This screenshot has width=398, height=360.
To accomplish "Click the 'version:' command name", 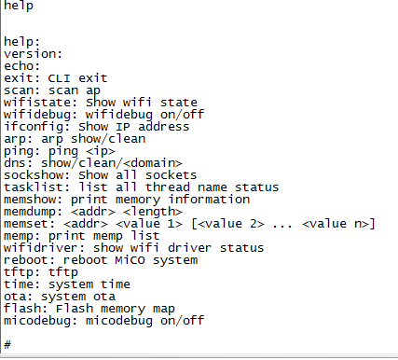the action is tap(33, 54).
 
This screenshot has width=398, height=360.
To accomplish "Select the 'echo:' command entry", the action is tap(21, 66).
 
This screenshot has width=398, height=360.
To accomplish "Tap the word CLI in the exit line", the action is tap(59, 78).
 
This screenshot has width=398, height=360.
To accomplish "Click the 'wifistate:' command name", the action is tap(41, 103).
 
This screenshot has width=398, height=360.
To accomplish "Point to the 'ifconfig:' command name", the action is tap(37, 127).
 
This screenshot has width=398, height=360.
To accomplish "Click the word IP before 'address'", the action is tap(123, 127).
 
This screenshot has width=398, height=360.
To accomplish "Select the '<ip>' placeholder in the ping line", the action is tap(101, 151).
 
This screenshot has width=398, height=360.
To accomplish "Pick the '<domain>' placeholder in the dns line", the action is tap(153, 163).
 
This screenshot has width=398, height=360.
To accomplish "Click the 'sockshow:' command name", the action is tap(37, 175).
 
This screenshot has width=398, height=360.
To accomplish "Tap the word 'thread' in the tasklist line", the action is tap(168, 187).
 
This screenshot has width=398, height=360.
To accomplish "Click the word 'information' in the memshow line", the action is tap(209, 200).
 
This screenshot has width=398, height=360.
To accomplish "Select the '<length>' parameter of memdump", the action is tap(153, 212).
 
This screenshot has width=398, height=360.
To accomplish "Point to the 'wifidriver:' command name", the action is tap(45, 248).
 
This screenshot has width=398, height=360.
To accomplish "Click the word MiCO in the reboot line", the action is tap(130, 260).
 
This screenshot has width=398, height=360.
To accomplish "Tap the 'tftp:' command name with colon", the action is tap(21, 272).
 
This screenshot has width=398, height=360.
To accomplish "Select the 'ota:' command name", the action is tap(18, 297).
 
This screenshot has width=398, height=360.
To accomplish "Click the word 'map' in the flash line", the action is tap(164, 309).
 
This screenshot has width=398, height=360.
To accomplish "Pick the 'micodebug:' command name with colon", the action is tap(41, 321).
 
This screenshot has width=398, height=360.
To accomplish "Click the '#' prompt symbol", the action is tap(7, 344).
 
